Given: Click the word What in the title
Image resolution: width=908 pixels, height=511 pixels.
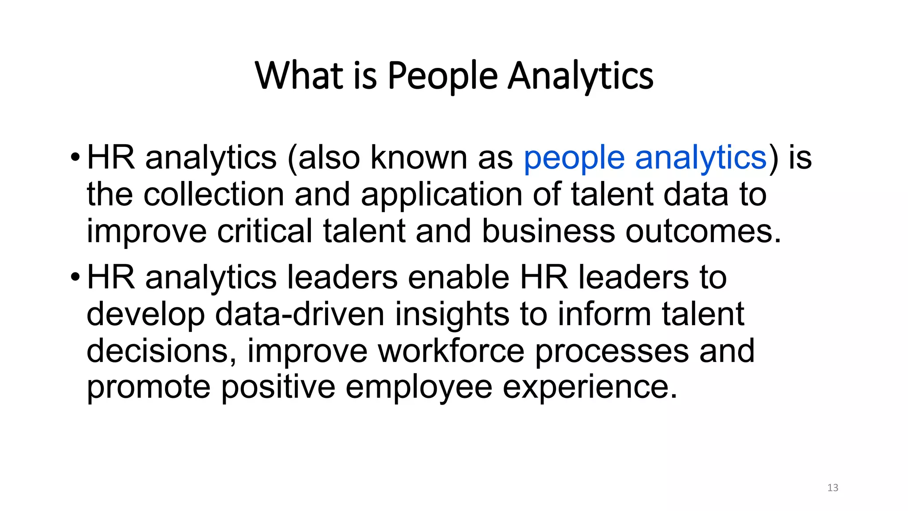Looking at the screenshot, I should [299, 76].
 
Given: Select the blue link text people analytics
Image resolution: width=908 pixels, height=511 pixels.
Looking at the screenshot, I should [645, 157].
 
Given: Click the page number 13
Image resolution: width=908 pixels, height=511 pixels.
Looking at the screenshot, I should [833, 488].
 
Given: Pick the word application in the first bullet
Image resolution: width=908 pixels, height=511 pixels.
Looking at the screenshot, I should [442, 195].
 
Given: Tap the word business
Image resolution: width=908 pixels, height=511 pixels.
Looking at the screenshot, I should [548, 231].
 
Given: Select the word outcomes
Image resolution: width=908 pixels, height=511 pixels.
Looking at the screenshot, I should [703, 231].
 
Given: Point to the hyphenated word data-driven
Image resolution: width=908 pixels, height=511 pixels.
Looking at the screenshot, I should [300, 314].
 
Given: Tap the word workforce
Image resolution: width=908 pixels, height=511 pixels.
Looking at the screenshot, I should [451, 351].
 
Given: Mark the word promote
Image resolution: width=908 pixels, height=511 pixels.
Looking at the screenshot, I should [149, 388].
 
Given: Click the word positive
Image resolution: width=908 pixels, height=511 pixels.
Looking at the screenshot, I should [278, 388].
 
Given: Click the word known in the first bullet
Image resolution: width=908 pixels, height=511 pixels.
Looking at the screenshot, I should [419, 157].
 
